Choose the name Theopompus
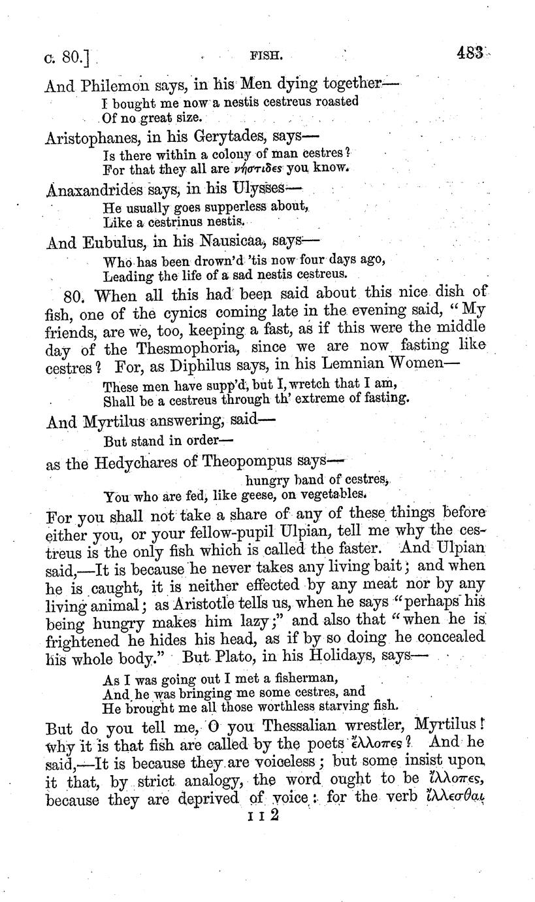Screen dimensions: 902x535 (x=267, y=463)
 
